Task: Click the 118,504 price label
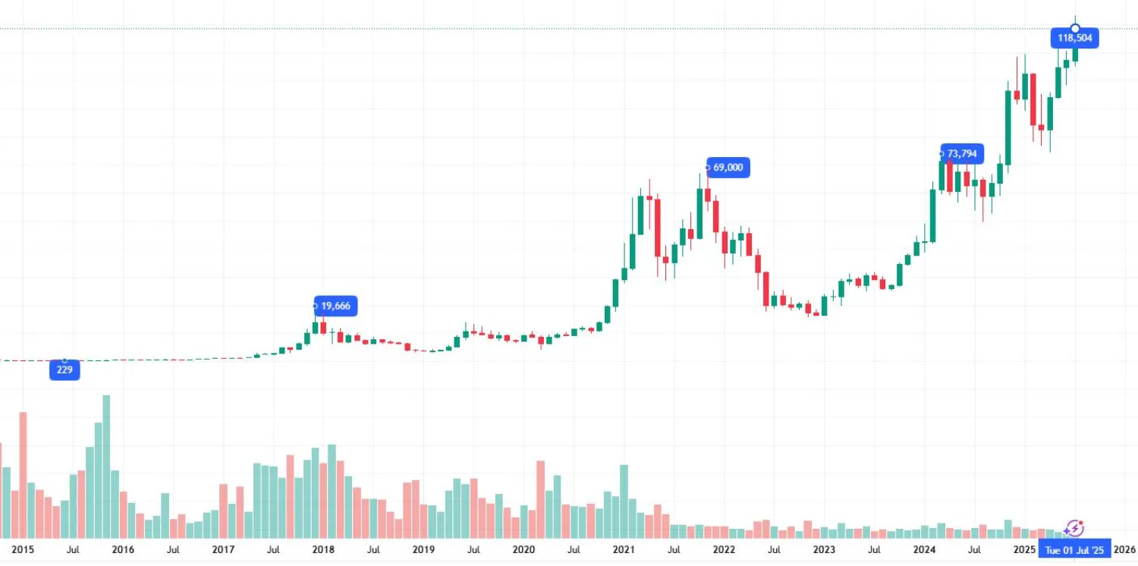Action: point(1074,38)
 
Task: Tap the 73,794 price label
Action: point(962,154)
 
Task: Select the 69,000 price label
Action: point(728,168)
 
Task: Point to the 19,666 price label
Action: point(335,307)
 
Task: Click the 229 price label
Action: point(64,370)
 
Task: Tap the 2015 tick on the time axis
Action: point(24,549)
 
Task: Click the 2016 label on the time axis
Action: point(123,549)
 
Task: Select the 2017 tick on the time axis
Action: point(223,549)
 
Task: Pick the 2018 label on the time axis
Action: point(323,549)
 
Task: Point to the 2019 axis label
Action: point(423,549)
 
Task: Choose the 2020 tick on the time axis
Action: point(523,549)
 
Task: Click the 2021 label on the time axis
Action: point(624,549)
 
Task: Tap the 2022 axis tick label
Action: point(724,549)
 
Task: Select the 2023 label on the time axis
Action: point(824,549)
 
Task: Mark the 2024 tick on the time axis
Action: point(924,549)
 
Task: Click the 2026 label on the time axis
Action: point(1124,549)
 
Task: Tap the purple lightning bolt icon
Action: point(1074,528)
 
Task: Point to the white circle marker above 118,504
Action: point(1075,28)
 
